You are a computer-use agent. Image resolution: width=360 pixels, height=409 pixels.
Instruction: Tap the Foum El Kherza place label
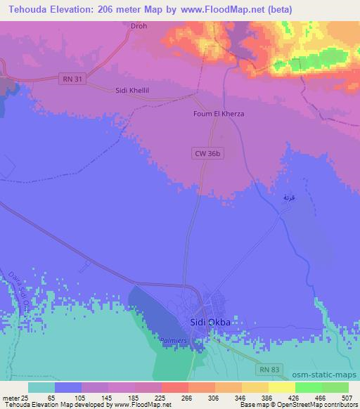point(223,113)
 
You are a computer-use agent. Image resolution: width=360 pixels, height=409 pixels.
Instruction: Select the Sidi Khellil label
point(134,91)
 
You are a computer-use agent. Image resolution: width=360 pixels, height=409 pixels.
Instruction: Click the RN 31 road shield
point(72,79)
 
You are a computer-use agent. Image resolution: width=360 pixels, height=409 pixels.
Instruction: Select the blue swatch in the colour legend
point(68,387)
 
